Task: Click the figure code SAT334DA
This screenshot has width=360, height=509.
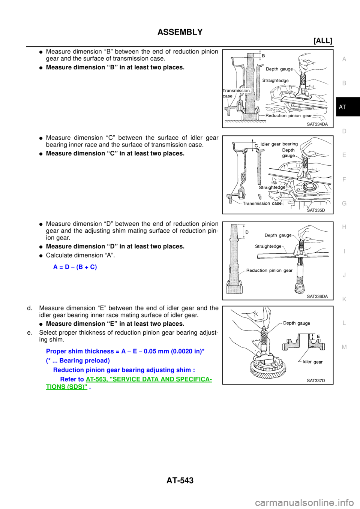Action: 317,124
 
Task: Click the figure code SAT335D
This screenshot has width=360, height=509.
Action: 316,210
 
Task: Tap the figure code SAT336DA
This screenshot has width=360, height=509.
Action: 317,296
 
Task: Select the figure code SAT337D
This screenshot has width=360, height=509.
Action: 316,380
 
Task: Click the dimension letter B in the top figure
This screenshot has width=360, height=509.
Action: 263,56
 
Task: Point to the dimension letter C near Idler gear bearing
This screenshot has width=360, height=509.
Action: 256,145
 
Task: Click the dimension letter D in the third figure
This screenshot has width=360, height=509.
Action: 247,232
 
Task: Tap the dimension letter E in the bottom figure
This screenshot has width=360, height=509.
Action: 318,337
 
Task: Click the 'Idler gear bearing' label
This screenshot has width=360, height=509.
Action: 279,144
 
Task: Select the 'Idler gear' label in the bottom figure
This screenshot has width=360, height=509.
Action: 312,362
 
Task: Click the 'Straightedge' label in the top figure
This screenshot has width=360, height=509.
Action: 275,81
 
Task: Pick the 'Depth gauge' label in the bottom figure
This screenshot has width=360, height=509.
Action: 296,323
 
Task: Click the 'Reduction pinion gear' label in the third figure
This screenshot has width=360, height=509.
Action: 269,270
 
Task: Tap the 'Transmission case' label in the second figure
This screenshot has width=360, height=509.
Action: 262,204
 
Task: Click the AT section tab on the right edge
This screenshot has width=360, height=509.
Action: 342,107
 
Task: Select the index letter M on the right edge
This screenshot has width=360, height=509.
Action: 344,347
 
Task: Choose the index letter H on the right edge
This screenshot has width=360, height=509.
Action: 344,227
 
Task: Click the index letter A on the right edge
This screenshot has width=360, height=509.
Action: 344,59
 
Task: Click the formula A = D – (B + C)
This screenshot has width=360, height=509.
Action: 75,267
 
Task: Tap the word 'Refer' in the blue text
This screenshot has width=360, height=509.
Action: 68,379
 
